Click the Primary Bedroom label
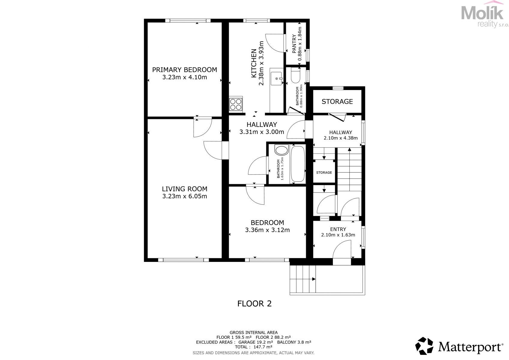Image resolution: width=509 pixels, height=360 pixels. pos(185,70)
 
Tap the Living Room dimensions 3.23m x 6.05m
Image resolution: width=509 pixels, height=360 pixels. pos(185,196)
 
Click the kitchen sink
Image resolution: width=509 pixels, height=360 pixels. pos(276,79)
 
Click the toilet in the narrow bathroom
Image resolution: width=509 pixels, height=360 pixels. pos(295,76)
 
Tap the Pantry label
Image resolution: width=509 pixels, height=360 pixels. pos(294,43)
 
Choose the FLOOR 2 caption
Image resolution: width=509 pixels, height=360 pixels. pos(254,304)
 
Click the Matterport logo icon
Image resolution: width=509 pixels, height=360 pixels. pos(424,346)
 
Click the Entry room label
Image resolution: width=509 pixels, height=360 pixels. pos(338,229)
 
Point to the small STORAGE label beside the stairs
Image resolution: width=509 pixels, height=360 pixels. pos(324,172)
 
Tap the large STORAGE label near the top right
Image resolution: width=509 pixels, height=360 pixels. pos(337,101)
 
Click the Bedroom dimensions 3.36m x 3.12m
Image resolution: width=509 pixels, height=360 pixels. pos(267,230)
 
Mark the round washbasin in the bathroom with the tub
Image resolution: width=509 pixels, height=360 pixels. pos(281,150)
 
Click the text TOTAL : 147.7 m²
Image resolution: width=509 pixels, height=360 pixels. pos(253,347)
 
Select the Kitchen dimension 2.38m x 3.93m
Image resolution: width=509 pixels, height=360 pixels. pos(261,63)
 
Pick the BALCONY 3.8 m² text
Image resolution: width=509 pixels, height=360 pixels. pos(294,342)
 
